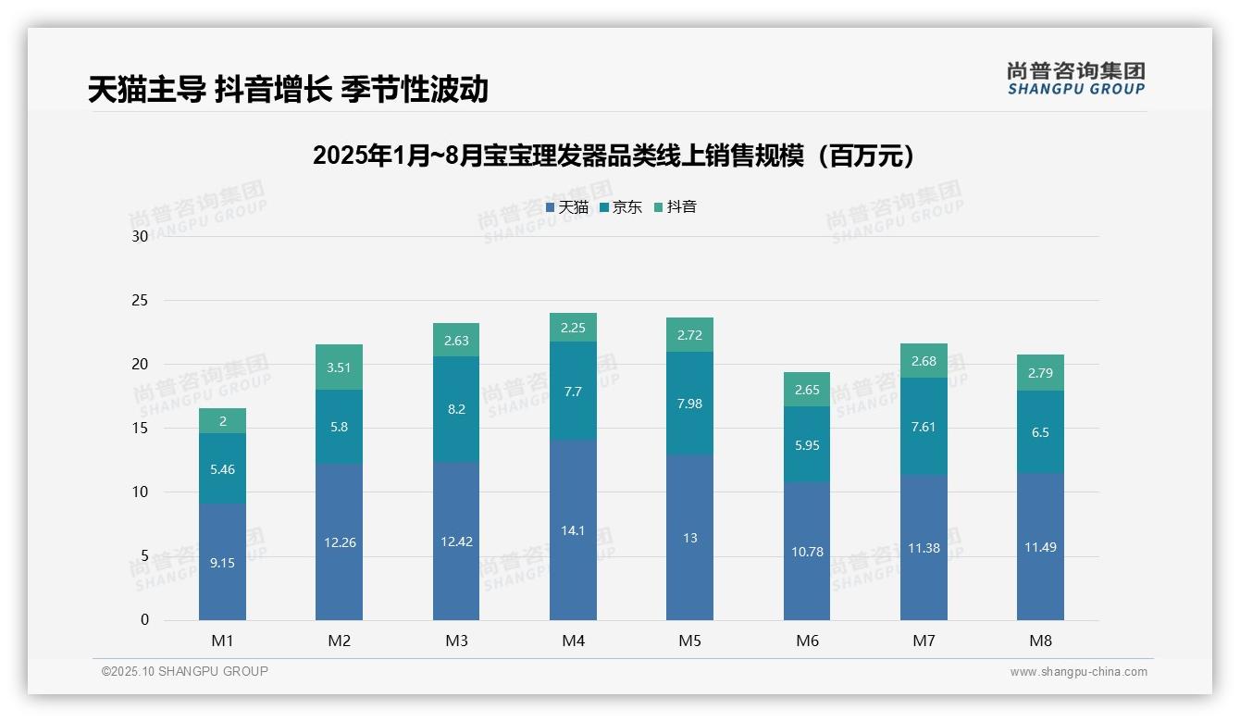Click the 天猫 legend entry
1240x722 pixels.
click(567, 207)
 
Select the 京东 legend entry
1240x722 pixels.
click(621, 207)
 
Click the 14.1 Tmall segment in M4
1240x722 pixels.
click(573, 529)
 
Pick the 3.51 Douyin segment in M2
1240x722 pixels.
click(339, 367)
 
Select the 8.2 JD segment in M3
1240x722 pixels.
click(456, 409)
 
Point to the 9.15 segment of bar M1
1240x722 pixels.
click(222, 562)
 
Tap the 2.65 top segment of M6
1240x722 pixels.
click(807, 390)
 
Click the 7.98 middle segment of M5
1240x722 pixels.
click(689, 403)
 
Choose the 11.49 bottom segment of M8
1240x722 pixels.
click(1040, 546)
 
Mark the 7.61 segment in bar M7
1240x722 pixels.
click(924, 426)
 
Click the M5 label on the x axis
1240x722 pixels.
click(689, 641)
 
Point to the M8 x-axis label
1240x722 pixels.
click(1040, 641)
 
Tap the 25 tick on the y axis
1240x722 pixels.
click(140, 300)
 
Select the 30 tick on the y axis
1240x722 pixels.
click(140, 236)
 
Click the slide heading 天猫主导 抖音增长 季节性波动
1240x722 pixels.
click(288, 90)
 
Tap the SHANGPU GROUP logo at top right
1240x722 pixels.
click(1075, 79)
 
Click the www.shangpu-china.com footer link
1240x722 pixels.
click(1078, 672)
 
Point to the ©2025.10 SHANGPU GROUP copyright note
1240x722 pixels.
click(185, 671)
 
